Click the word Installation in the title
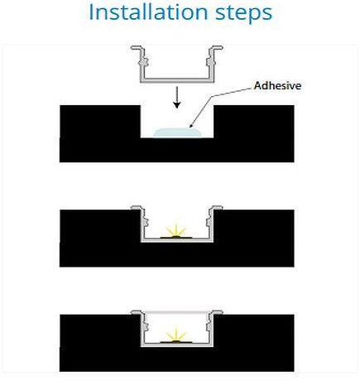click(x=148, y=12)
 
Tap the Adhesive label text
click(x=277, y=85)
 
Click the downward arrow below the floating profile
click(x=177, y=97)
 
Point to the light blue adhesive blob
click(x=178, y=133)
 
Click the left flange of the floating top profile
click(x=136, y=48)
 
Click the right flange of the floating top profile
click(x=218, y=48)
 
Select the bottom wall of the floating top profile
click(x=177, y=80)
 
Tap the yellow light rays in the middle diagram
click(x=176, y=229)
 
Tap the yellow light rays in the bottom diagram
click(x=176, y=334)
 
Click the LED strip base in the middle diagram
click(x=176, y=237)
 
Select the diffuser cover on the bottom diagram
click(x=177, y=311)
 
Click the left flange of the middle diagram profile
click(x=136, y=208)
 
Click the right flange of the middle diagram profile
click(x=218, y=208)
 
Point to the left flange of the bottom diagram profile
click(x=136, y=312)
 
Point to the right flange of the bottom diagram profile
click(x=218, y=312)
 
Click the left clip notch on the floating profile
click(x=145, y=62)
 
